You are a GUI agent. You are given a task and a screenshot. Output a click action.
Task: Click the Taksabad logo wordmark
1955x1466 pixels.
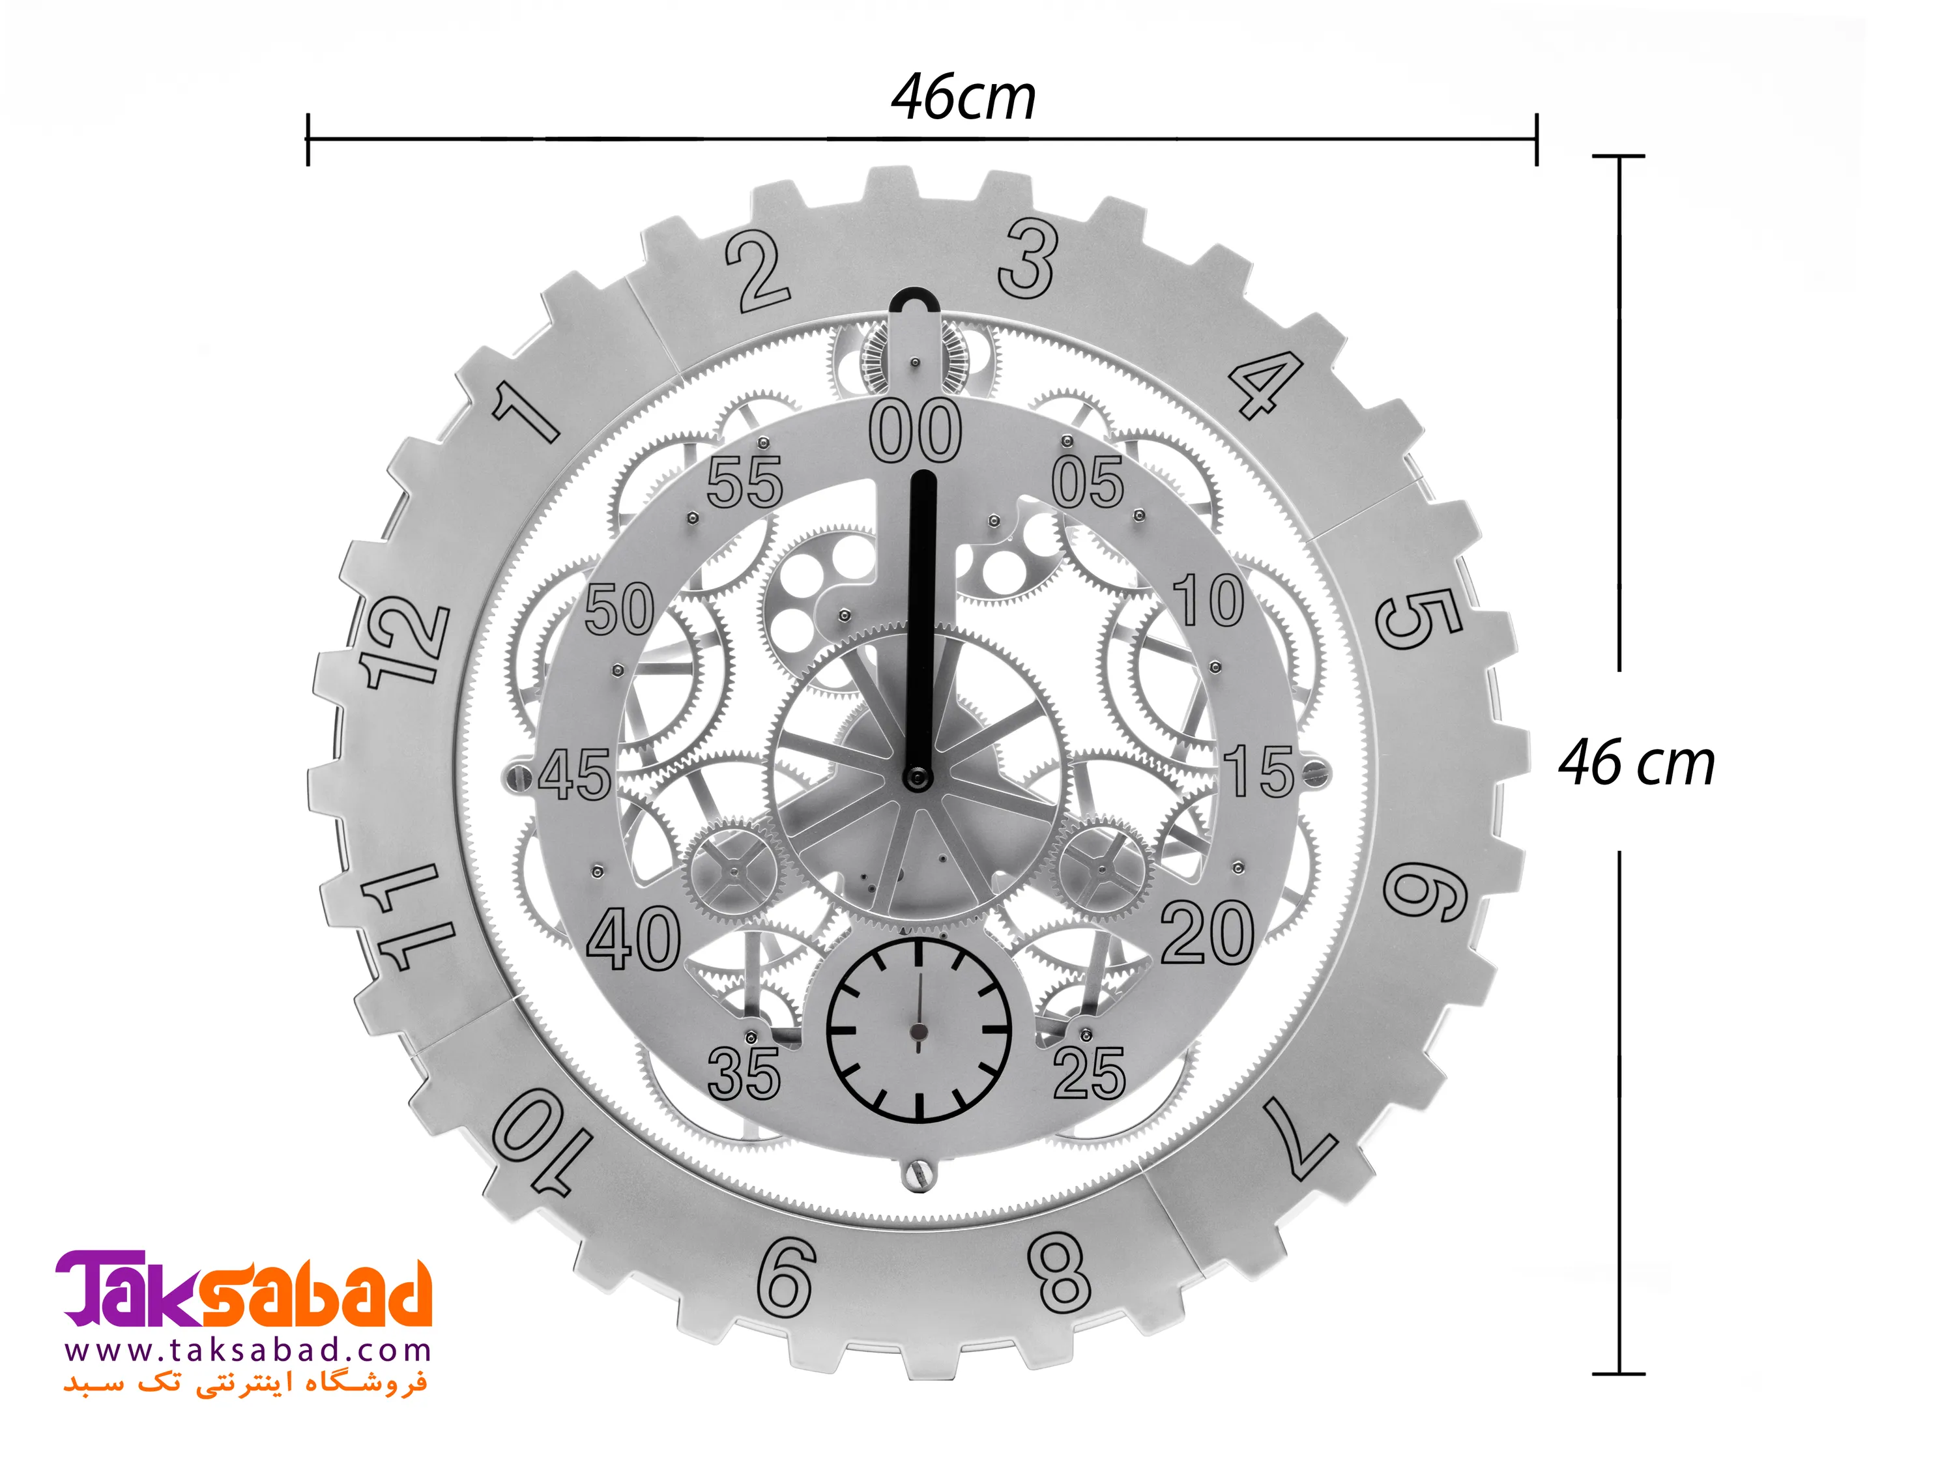pyautogui.click(x=244, y=1289)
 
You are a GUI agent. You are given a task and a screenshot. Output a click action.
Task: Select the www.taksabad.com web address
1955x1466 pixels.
pyautogui.click(x=248, y=1351)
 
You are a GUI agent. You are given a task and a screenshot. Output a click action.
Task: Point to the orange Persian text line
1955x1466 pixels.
pyautogui.click(x=245, y=1384)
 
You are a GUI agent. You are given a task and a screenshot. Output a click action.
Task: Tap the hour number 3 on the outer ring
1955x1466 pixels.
pyautogui.click(x=1028, y=258)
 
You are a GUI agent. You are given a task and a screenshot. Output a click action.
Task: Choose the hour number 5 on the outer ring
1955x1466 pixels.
pyautogui.click(x=1419, y=618)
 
